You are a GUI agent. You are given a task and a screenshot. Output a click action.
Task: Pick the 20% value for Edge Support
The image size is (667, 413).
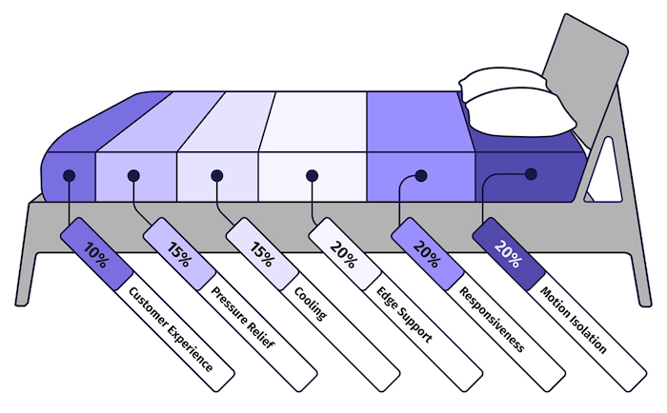(x=343, y=252)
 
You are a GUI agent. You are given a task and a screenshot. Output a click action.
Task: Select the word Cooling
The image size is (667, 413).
(x=310, y=303)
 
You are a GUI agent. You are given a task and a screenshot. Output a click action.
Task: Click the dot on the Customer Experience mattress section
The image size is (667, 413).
(x=69, y=175)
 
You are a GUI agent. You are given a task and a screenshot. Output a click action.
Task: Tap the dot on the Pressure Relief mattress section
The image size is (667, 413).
(x=133, y=175)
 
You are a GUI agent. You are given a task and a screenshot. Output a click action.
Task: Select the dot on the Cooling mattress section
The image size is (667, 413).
(x=217, y=175)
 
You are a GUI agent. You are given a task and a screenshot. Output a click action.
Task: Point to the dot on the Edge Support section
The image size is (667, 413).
(x=311, y=175)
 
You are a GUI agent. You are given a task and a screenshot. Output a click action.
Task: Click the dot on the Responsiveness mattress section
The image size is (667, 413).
(x=420, y=175)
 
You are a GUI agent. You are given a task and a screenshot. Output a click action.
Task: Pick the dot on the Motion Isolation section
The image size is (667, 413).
(x=531, y=173)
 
